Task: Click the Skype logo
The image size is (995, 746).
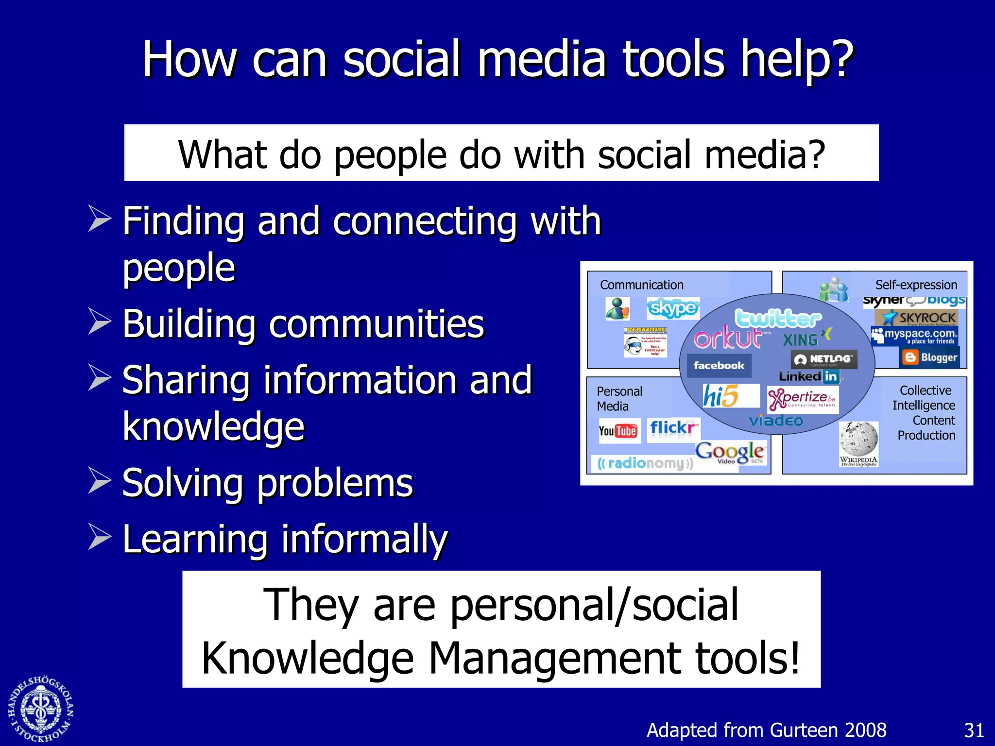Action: (673, 308)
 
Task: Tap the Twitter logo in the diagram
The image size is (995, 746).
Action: (777, 318)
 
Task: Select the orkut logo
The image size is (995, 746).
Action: (727, 338)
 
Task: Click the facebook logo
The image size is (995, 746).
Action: (719, 365)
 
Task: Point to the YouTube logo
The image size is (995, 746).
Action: (618, 431)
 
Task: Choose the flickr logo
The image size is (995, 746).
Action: (673, 428)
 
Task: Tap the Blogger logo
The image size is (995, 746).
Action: (930, 357)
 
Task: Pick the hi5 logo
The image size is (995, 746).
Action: (721, 396)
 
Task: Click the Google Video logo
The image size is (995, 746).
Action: (730, 453)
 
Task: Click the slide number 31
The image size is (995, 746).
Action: (974, 730)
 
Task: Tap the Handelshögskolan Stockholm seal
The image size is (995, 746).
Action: (41, 709)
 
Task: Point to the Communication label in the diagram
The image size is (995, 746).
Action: (641, 285)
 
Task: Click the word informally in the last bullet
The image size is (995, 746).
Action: (364, 539)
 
